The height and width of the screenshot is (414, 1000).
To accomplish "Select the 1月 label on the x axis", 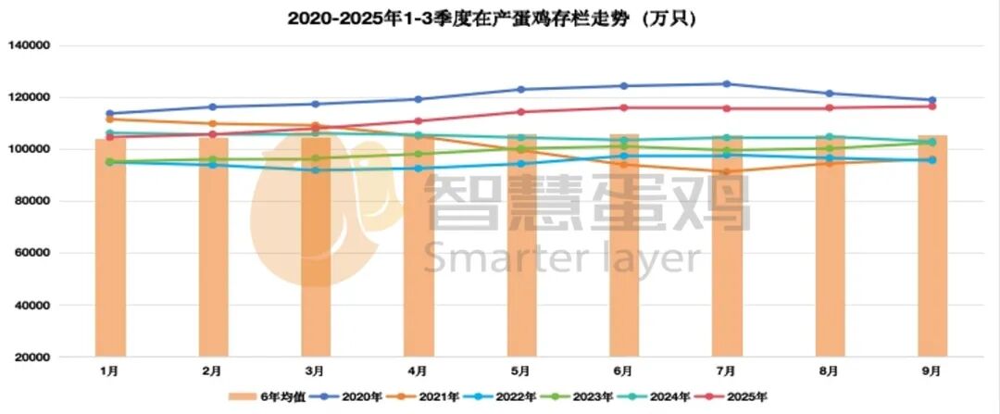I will click(x=109, y=370).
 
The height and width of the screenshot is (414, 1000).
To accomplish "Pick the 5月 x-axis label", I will click(x=520, y=370).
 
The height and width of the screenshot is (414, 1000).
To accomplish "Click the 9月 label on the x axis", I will click(x=931, y=370).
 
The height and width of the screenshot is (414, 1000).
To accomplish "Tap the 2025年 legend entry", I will click(x=740, y=397).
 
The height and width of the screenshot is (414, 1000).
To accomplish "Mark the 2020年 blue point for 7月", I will click(x=727, y=84).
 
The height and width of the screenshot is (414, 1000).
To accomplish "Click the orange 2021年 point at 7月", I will click(x=727, y=171).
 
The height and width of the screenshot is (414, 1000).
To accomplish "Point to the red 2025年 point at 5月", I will click(x=521, y=112).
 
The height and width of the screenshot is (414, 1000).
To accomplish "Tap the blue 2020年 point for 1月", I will click(x=110, y=113).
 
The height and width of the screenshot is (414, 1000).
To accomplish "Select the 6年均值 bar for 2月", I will click(x=213, y=250).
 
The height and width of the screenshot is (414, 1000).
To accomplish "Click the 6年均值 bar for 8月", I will click(x=830, y=250).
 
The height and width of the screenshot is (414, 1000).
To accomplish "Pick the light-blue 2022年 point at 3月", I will click(x=316, y=169).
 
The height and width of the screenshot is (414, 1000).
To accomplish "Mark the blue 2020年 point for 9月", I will click(x=932, y=100).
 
